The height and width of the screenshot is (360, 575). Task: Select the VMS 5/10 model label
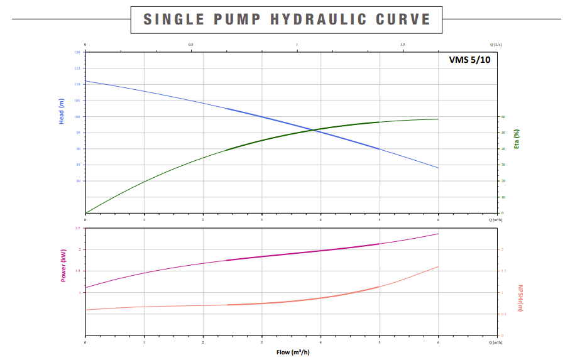(469, 60)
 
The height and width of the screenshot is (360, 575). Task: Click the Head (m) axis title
(62, 111)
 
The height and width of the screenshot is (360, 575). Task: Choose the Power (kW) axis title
(63, 265)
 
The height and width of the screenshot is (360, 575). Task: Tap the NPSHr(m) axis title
(520, 298)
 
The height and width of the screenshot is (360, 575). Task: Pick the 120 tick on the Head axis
(77, 52)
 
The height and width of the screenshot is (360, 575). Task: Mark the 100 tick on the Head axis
(77, 117)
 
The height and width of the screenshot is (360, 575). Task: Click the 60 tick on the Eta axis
(503, 117)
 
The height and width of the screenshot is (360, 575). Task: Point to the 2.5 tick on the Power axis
(77, 228)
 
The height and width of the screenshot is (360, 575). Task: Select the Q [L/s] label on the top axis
(496, 45)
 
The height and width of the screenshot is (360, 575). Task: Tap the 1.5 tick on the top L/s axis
(403, 45)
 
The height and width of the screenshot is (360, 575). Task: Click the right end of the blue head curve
(438, 168)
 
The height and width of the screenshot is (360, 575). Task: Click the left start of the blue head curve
(85, 81)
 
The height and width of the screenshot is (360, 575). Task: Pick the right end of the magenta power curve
(438, 234)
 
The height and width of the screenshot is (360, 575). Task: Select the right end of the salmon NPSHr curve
(438, 266)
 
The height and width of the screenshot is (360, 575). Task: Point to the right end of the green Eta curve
(438, 119)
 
